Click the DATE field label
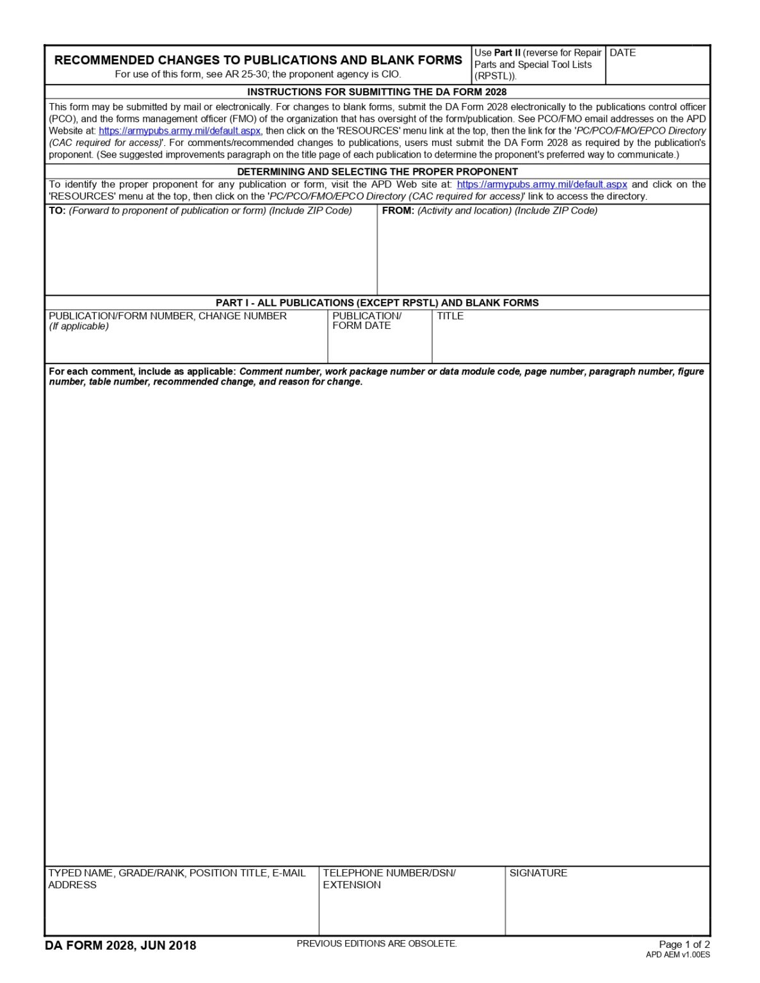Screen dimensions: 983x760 [622, 53]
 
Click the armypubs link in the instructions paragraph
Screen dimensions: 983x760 [179, 131]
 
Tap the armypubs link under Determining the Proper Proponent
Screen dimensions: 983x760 [542, 184]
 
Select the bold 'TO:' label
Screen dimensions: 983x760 [57, 211]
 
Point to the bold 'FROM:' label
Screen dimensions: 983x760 [398, 211]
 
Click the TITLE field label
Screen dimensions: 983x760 [450, 316]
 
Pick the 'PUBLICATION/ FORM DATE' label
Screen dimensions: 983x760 [366, 321]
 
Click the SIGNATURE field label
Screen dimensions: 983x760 [538, 873]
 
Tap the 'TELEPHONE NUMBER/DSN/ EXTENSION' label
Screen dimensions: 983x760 [389, 879]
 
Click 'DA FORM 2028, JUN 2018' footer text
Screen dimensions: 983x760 [120, 945]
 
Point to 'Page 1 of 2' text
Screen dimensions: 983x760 [684, 945]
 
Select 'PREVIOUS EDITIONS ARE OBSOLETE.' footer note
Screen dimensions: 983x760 [376, 943]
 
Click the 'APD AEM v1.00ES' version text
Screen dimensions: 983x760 [677, 955]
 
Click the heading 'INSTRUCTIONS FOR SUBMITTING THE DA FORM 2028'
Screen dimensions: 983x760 [376, 92]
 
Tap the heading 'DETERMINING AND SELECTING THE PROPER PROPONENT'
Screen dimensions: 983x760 [376, 172]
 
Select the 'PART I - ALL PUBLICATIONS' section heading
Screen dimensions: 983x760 [376, 303]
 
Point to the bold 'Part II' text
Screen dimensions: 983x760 [507, 53]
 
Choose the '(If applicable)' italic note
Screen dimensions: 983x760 [79, 326]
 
